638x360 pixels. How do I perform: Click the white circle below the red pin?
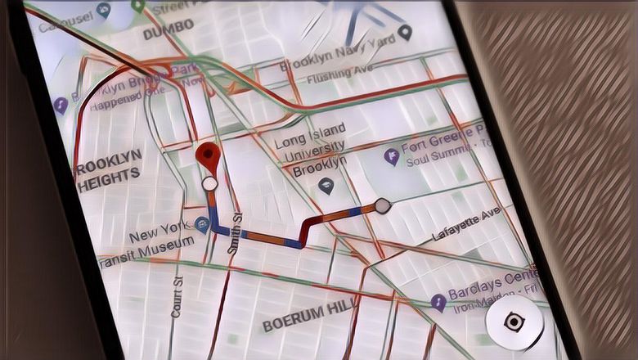tap(210, 184)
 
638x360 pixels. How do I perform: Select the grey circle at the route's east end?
tap(381, 205)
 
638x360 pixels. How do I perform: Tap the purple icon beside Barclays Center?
tap(438, 302)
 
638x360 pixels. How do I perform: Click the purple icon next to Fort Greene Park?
tap(392, 156)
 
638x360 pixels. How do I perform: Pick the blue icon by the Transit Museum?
tap(202, 224)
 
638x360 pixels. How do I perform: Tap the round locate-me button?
tap(513, 322)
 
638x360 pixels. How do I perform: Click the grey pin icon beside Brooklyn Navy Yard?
tap(406, 34)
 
